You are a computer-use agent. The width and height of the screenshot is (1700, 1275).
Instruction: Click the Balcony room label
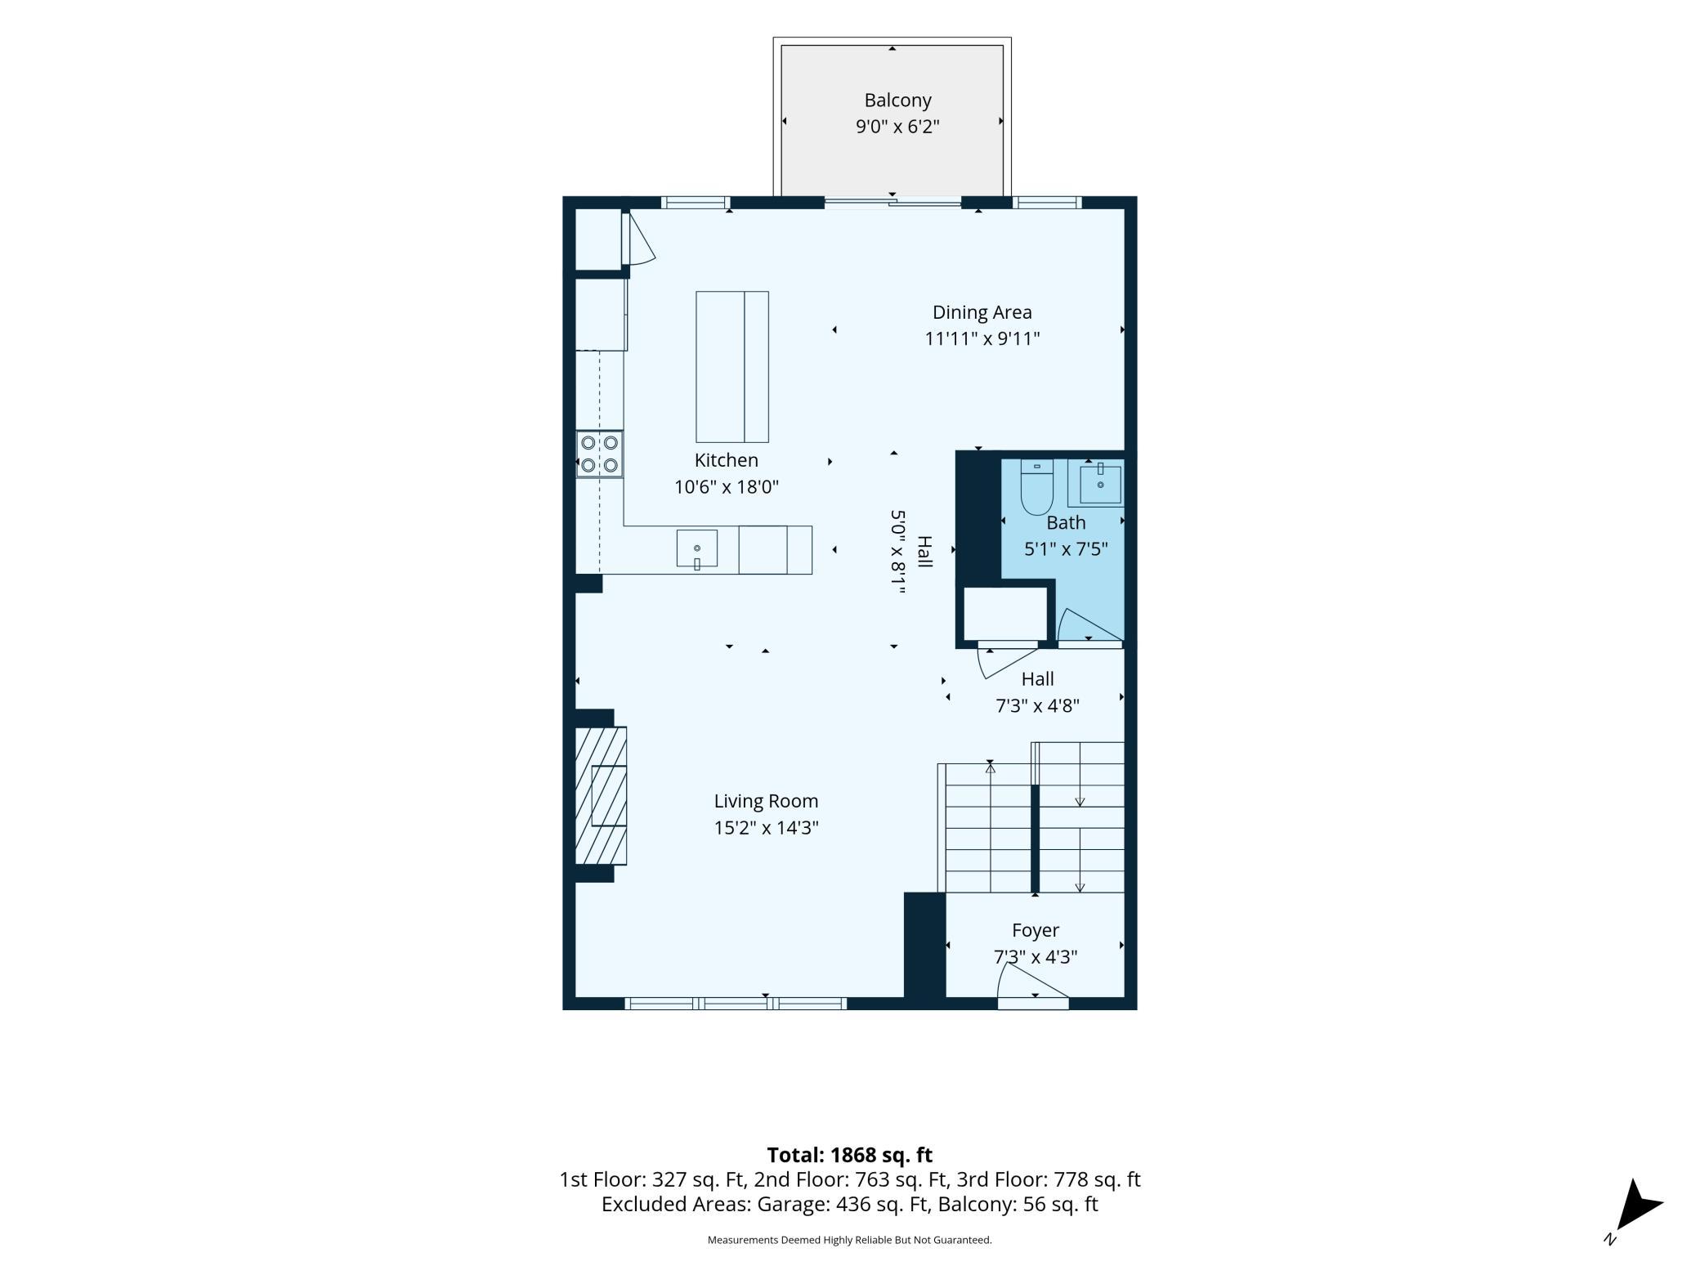point(897,101)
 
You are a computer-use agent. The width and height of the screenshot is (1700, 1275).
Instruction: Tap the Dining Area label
point(982,312)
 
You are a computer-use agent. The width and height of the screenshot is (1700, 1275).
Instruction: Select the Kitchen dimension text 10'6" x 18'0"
point(726,487)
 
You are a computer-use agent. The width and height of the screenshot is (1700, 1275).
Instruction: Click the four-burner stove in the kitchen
point(599,454)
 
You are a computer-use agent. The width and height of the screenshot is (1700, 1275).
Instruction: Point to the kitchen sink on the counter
point(696,548)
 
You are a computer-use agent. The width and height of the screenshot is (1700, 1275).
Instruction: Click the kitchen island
point(731,366)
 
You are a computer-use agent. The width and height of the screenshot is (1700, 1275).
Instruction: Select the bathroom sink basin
point(1100,484)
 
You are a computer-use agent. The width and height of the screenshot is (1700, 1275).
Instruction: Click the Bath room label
point(1066,522)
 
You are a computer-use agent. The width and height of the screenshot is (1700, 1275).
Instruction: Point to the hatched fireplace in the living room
point(601,795)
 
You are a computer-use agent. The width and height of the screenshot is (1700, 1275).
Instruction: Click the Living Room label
point(766,801)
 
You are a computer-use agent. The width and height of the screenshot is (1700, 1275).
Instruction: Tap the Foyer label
point(1036,930)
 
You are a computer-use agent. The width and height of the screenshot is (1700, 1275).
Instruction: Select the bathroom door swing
point(1089,626)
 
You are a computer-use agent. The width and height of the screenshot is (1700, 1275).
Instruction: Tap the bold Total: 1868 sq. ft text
point(849,1155)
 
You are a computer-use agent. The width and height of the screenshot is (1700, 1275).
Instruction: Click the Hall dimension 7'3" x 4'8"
point(1037,705)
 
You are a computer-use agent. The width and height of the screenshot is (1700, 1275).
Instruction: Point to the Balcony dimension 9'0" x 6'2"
point(897,127)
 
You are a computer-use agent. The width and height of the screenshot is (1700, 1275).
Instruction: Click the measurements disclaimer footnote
point(849,1240)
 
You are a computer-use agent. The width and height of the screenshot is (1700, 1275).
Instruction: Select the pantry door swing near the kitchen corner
point(639,239)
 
